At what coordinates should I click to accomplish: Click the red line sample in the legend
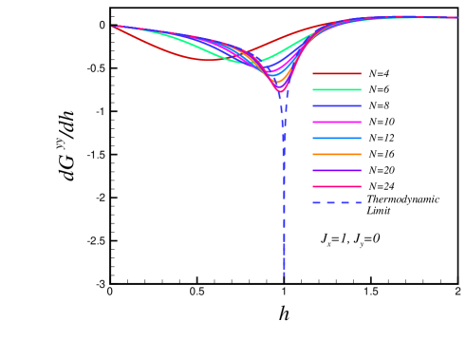click(336, 73)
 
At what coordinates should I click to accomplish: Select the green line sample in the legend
click(336, 89)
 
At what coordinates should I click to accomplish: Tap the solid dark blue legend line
click(336, 105)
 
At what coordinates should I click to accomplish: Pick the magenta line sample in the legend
click(336, 122)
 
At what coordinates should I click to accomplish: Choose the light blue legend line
click(336, 138)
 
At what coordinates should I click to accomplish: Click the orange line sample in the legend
click(336, 154)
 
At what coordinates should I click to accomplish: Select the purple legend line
click(336, 170)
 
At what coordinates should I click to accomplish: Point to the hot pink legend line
click(336, 186)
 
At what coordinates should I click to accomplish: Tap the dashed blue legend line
click(336, 202)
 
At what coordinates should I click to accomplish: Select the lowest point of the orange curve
click(278, 85)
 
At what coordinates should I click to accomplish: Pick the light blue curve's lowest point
click(275, 80)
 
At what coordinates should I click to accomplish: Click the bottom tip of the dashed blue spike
click(284, 281)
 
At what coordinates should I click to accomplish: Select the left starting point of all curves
click(114, 27)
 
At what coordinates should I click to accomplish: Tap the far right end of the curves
click(457, 17)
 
